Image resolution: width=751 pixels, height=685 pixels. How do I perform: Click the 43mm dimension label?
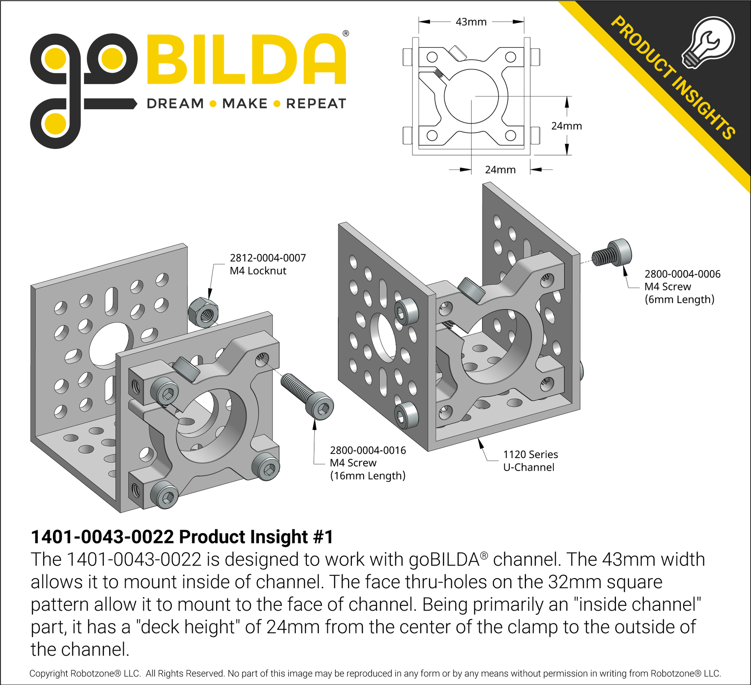click(x=471, y=22)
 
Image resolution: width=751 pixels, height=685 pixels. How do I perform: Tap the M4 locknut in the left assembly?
click(x=203, y=313)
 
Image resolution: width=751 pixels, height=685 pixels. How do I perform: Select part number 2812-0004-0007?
click(x=268, y=258)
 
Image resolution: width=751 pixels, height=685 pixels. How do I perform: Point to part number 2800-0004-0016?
click(x=368, y=450)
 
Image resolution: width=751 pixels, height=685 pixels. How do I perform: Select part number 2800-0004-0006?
click(x=682, y=274)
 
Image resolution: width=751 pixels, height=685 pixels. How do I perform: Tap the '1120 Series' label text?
click(x=530, y=454)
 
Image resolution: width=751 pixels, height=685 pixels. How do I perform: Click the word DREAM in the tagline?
click(x=175, y=103)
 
